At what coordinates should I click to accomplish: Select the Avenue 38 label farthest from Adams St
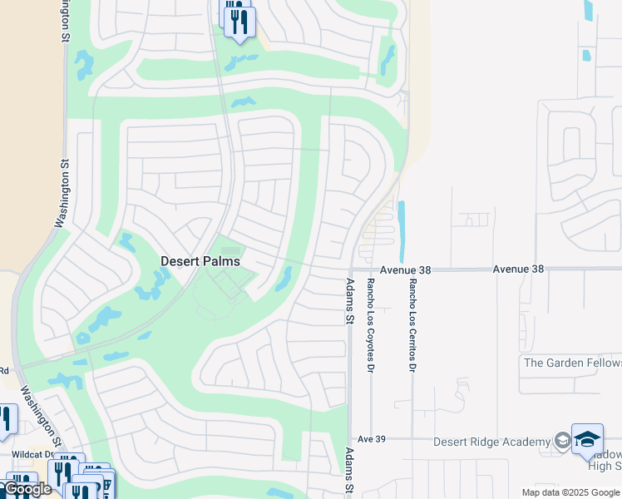(517, 269)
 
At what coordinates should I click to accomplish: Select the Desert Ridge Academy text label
(491, 442)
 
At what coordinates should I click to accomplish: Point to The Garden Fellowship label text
(572, 363)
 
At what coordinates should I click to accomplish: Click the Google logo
(27, 489)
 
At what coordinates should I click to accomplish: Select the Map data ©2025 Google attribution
(571, 492)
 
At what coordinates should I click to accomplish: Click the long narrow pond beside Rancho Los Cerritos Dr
(402, 231)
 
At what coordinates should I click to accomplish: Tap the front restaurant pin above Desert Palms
(240, 22)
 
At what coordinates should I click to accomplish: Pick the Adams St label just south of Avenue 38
(350, 302)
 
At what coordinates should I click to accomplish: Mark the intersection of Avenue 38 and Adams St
(350, 269)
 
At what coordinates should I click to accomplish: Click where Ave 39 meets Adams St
(350, 438)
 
